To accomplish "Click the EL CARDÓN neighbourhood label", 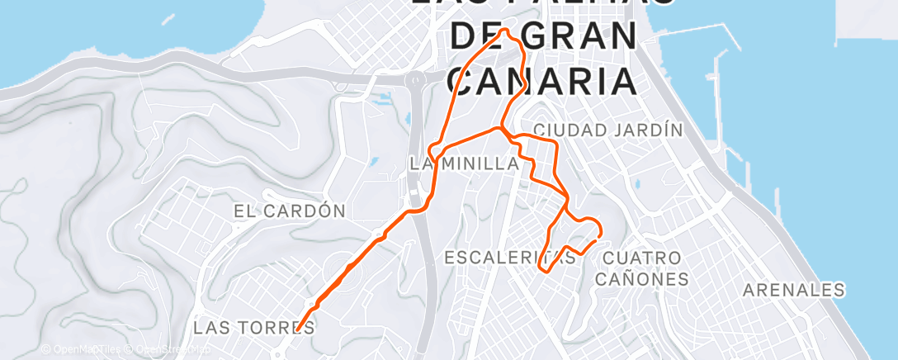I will pos(289,211).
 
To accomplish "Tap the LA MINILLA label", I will pos(465,164).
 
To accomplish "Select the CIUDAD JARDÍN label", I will pos(609,130).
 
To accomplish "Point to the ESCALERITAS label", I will pos(509,258).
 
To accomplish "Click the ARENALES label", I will pos(794,290).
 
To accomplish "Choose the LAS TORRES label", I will pos(253,328).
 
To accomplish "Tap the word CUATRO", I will pos(642,258).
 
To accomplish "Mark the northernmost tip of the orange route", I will pos(506,31).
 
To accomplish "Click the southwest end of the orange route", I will pos(297,329).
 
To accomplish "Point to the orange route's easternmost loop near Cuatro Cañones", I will pos(590,229).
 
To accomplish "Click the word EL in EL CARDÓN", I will pos(246,211).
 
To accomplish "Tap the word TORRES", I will pos(284,328).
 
